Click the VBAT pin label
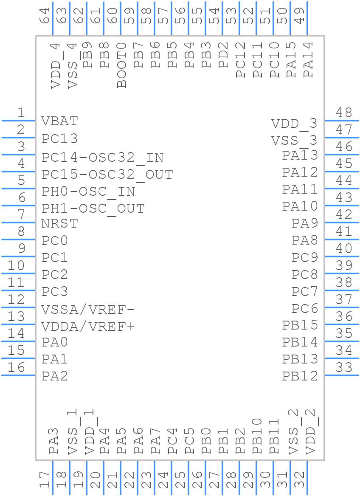(59, 121)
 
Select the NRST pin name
(59, 223)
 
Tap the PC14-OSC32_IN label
(102, 158)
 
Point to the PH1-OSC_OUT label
(93, 209)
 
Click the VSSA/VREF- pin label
(88, 310)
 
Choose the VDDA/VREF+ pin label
(88, 327)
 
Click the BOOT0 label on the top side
(122, 65)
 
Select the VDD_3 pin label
(294, 124)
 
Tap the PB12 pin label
(300, 376)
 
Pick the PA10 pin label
(300, 206)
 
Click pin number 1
(20, 113)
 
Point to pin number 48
(344, 113)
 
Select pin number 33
(344, 367)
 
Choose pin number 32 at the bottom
(300, 480)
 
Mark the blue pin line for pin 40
(342, 256)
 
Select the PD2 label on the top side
(224, 55)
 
